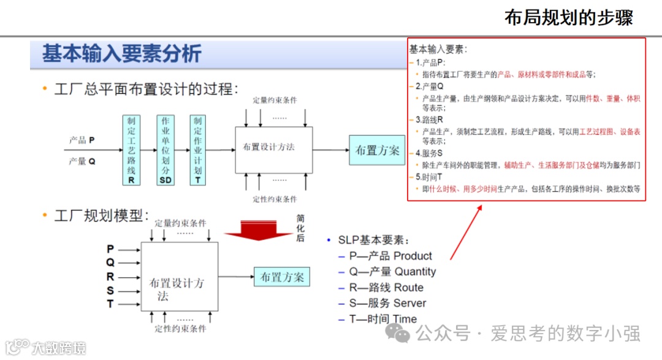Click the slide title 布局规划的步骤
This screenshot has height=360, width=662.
[x=568, y=17]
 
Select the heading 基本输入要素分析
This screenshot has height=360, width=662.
[x=121, y=54]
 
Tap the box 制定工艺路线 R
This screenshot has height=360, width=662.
[x=131, y=150]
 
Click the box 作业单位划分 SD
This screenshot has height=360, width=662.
[x=165, y=150]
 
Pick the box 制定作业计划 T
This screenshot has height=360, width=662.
[x=197, y=150]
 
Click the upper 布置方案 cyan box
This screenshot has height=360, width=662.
[x=377, y=150]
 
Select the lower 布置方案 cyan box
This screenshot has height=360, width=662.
[x=282, y=277]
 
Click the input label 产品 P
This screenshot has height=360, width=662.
[x=82, y=140]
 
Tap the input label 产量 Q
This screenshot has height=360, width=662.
[x=82, y=161]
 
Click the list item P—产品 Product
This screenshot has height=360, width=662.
[x=390, y=256]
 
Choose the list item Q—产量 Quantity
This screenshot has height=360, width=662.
[x=392, y=272]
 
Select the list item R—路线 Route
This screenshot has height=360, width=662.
[x=386, y=288]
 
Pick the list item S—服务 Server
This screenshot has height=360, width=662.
[x=387, y=304]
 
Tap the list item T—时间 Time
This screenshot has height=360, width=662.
[x=383, y=319]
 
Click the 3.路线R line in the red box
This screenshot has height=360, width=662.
[x=429, y=120]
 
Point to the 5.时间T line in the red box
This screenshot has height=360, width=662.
[x=429, y=177]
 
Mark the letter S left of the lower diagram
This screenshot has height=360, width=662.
[x=110, y=291]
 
